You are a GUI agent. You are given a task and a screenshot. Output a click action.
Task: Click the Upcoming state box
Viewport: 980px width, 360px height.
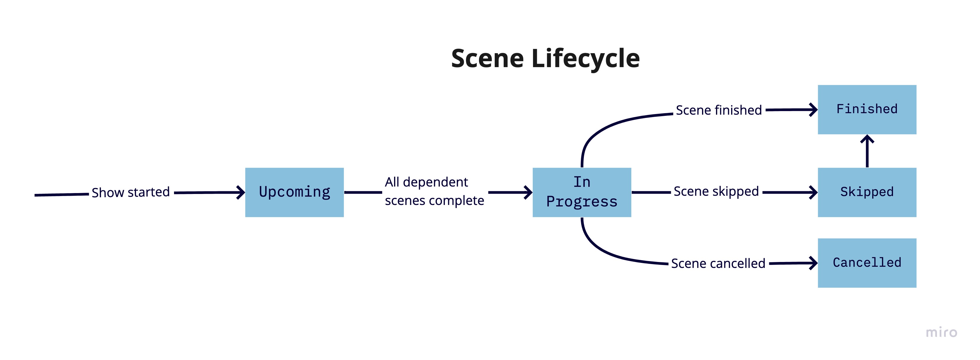click(295, 192)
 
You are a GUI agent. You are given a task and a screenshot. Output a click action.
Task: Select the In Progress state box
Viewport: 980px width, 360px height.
click(582, 192)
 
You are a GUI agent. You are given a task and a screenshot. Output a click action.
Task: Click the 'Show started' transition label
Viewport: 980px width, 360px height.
click(130, 192)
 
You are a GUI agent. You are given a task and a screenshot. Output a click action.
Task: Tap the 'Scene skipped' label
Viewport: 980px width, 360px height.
click(716, 191)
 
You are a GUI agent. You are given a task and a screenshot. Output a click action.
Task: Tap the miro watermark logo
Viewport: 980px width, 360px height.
click(941, 333)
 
